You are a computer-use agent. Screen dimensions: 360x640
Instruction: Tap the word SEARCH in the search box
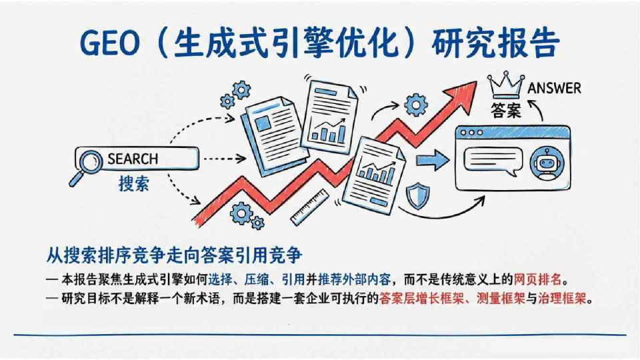pyautogui.click(x=133, y=159)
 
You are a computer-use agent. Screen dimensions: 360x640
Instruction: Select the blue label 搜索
pyautogui.click(x=133, y=185)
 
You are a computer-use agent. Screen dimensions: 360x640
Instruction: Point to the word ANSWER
pyautogui.click(x=554, y=88)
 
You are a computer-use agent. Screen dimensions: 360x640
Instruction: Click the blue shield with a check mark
pyautogui.click(x=417, y=195)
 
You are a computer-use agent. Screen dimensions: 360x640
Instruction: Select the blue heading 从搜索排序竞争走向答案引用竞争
pyautogui.click(x=175, y=256)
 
